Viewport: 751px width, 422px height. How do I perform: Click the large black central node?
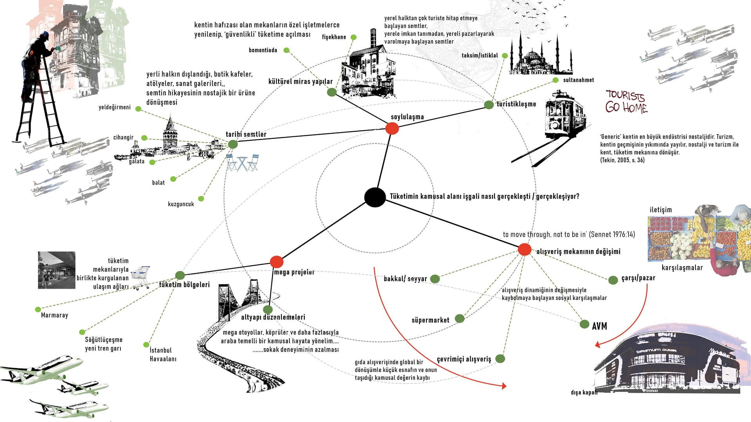tap(375, 197)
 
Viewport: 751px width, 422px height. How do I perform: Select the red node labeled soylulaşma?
tap(392, 128)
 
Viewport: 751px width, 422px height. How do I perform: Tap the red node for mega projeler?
tap(277, 262)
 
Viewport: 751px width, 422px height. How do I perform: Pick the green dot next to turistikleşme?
tap(489, 105)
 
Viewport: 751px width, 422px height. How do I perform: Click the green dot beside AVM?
tap(584, 324)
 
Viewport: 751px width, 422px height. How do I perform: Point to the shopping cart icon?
tap(140, 277)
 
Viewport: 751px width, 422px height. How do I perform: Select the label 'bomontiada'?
tap(263, 50)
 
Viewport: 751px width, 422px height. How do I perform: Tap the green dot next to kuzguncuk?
tap(201, 199)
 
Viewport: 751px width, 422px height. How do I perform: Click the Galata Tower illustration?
tap(170, 135)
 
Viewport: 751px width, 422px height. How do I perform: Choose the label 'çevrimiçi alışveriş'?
tap(464, 359)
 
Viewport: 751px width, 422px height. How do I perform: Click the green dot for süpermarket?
tap(460, 318)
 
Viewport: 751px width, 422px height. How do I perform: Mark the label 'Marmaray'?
tap(54, 315)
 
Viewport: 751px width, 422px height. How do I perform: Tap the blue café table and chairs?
tap(242, 163)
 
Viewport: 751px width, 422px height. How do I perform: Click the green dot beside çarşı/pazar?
tap(613, 280)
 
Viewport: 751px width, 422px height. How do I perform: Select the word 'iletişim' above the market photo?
tap(661, 210)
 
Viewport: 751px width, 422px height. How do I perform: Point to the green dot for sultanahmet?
tap(555, 80)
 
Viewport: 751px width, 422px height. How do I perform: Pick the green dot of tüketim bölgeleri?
tap(180, 275)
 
